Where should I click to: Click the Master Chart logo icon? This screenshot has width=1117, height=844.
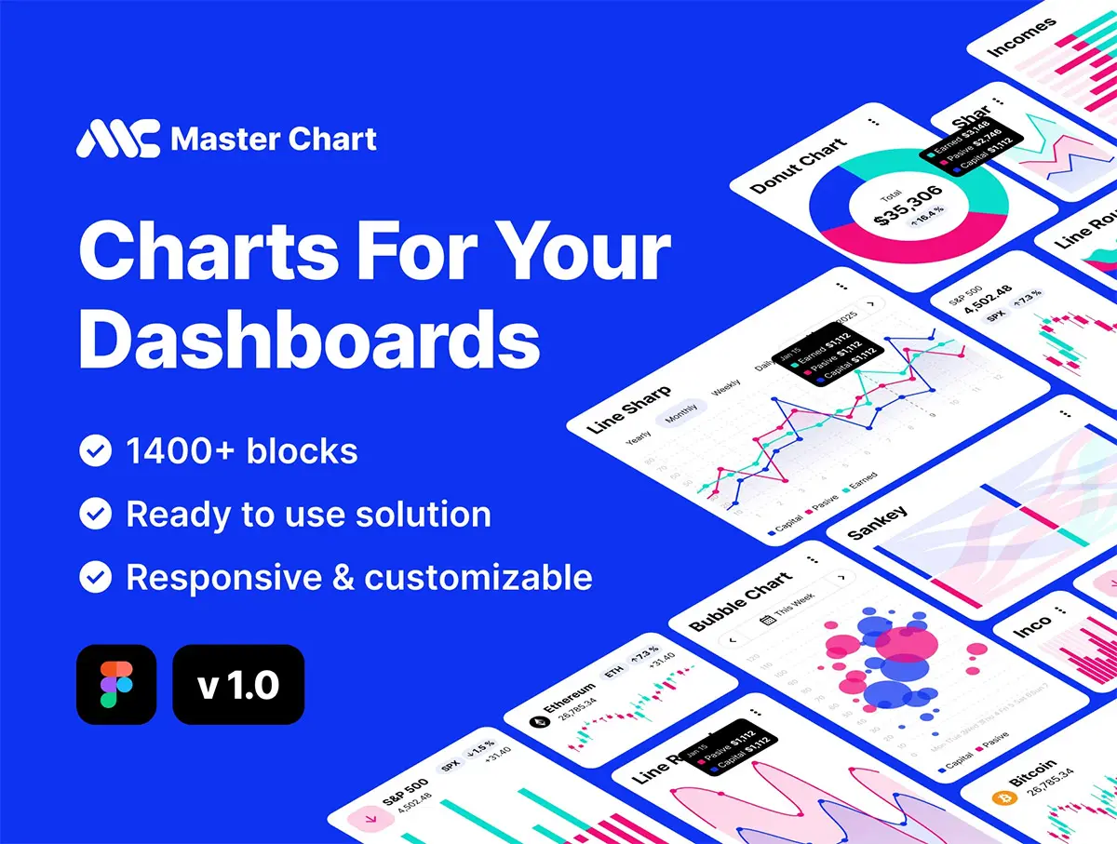pos(118,139)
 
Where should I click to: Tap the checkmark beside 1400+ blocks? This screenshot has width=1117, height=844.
pos(95,452)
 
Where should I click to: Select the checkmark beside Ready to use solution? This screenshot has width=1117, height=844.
pos(95,515)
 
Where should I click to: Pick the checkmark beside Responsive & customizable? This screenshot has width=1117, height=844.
pos(95,578)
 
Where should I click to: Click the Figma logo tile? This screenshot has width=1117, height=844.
pos(116,684)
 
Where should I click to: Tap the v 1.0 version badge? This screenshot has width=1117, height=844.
pos(238,685)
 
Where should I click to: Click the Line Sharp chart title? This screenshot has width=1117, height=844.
pos(628,410)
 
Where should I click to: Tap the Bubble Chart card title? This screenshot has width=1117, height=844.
pos(741,601)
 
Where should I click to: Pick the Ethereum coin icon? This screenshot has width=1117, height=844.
pos(538,721)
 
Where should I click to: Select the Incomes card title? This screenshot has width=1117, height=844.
pos(1021,36)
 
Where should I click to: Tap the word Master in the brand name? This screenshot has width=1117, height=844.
pos(222,140)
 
